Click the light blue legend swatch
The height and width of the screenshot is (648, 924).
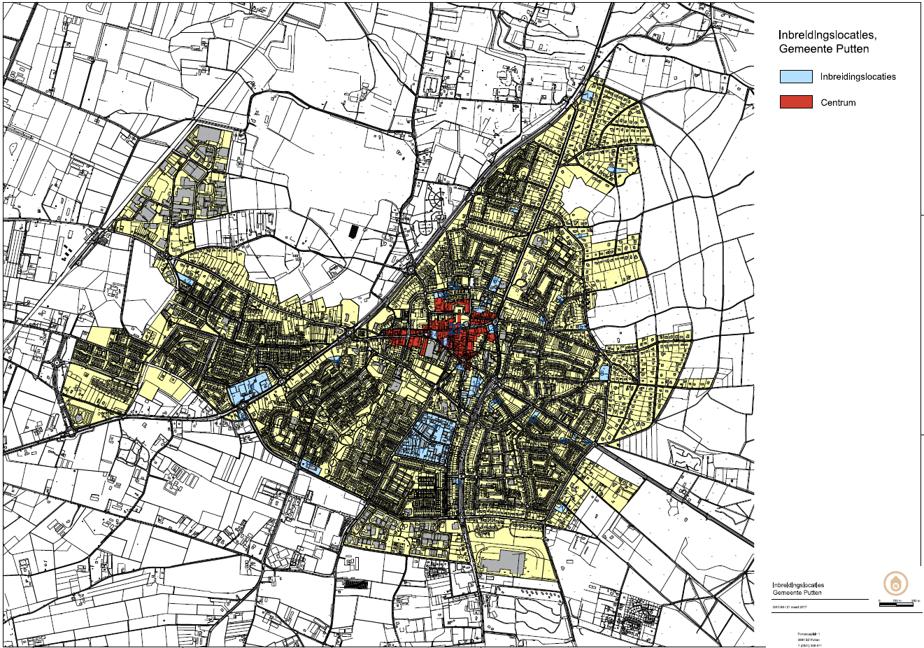pyautogui.click(x=796, y=76)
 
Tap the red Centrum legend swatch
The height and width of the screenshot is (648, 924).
pyautogui.click(x=796, y=102)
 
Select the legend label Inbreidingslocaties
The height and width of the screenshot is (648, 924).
pyautogui.click(x=858, y=77)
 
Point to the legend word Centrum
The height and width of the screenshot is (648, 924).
pyautogui.click(x=838, y=103)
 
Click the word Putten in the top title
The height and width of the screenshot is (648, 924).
pyautogui.click(x=853, y=49)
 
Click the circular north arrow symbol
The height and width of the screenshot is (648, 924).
pyautogui.click(x=896, y=582)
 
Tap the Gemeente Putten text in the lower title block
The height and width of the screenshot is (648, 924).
pyautogui.click(x=797, y=592)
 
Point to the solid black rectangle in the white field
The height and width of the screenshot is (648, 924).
pyautogui.click(x=353, y=230)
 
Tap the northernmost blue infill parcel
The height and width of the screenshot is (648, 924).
pyautogui.click(x=588, y=95)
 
